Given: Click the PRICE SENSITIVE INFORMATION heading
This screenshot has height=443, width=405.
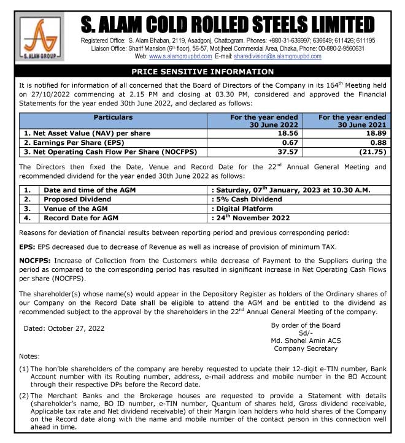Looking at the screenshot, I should [x=202, y=72].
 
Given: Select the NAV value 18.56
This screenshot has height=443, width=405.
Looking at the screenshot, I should [x=287, y=133].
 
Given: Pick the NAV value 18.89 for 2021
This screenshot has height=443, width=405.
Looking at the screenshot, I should [x=374, y=133].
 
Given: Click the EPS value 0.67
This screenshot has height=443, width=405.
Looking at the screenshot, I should [x=290, y=142].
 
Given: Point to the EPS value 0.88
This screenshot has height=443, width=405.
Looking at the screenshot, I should [x=376, y=142].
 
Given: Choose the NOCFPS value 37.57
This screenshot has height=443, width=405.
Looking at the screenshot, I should [x=287, y=151].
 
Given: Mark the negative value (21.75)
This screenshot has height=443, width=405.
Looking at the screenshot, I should [x=371, y=151].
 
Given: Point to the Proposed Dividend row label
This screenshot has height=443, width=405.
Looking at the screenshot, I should [x=77, y=199].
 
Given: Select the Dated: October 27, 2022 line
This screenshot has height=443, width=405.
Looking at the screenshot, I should [x=64, y=329].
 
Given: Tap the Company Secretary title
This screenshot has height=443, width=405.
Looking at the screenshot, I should [x=306, y=349].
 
